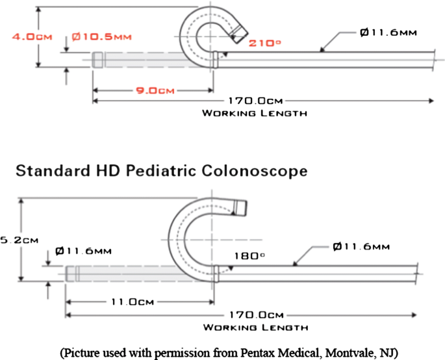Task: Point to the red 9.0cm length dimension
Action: tap(152, 91)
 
